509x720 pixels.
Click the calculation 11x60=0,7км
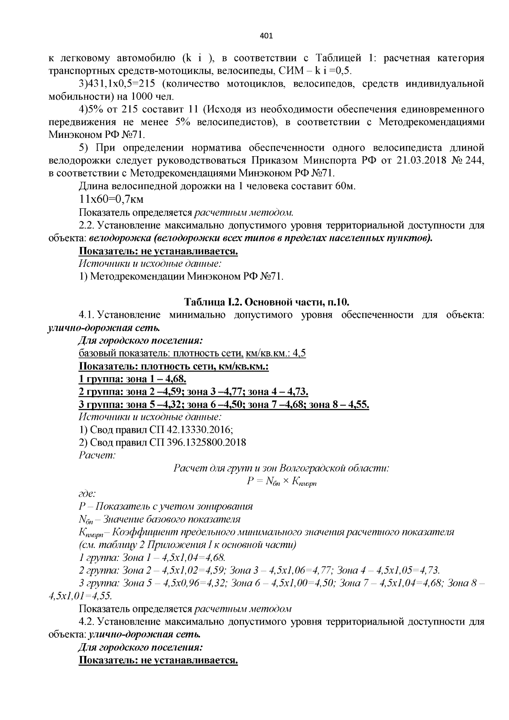[111, 199]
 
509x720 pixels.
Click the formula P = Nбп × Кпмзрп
[282, 481]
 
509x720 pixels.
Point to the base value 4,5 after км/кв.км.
[299, 353]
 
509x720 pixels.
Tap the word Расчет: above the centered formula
[97, 455]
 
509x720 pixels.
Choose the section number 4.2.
[86, 622]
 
